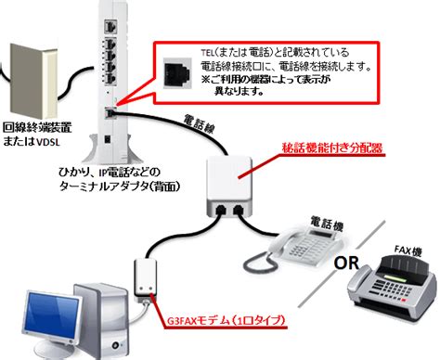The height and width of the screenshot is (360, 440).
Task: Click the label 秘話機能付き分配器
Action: tap(332, 148)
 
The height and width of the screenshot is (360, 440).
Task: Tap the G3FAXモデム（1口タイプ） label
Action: tap(226, 320)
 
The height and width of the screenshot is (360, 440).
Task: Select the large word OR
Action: tap(346, 264)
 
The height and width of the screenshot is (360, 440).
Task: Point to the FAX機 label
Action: tap(408, 251)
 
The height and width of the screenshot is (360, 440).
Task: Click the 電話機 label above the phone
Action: tap(327, 223)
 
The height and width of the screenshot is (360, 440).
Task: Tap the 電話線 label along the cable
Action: tap(199, 123)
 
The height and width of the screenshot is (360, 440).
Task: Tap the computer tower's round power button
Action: tap(116, 344)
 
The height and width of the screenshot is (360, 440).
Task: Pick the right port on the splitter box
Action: tap(238, 211)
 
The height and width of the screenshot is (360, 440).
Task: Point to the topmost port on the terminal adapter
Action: tap(110, 27)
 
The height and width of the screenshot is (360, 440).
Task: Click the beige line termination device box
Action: tap(33, 81)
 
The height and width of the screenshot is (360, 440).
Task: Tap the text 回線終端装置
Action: tap(37, 127)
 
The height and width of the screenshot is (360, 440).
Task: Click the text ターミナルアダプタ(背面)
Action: tap(120, 186)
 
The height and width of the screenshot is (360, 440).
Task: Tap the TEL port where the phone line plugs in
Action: tap(110, 113)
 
